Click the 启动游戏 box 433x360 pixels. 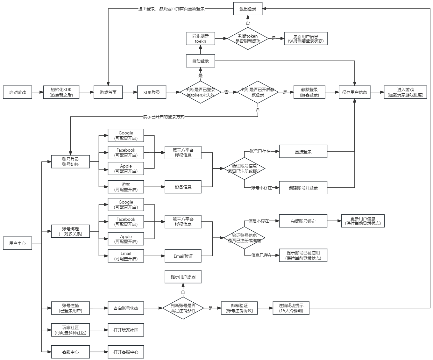click(18, 92)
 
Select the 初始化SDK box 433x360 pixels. click(61, 92)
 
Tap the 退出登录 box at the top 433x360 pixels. click(248, 9)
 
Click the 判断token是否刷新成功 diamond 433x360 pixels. click(248, 38)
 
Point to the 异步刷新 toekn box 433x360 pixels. click(200, 38)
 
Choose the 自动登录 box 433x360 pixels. click(200, 61)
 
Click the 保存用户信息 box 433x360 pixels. click(355, 92)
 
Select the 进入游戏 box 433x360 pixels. click(405, 92)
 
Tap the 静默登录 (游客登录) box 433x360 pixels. click(309, 92)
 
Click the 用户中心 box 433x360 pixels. click(18, 243)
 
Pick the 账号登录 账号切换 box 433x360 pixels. click(70, 162)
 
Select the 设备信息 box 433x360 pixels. click(183, 187)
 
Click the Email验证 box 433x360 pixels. click(183, 256)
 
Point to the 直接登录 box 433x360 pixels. click(303, 151)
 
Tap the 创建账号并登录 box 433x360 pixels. click(303, 188)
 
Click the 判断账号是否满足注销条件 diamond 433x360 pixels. click(183, 308)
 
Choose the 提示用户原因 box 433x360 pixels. click(183, 277)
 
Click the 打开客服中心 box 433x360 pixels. click(126, 352)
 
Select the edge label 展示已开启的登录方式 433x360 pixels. click(164, 117)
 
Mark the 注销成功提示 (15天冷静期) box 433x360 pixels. click(291, 308)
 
